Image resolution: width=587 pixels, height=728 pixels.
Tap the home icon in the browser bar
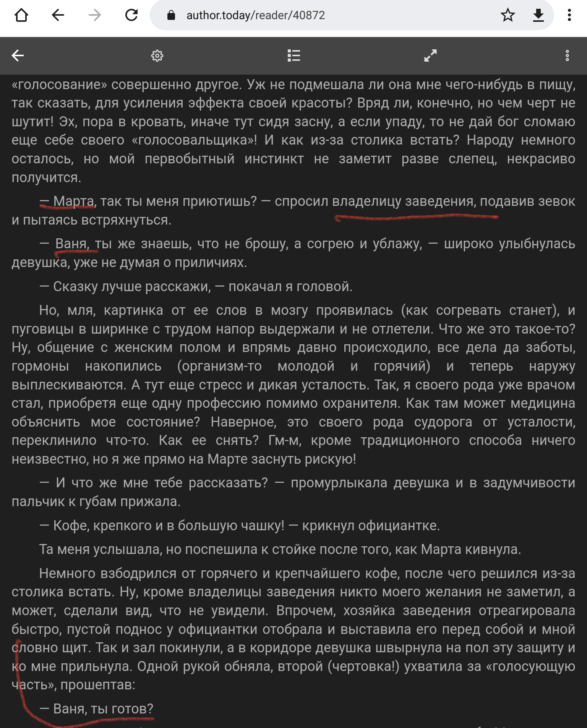tap(21, 15)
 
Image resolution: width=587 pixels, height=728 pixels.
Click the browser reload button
tap(131, 15)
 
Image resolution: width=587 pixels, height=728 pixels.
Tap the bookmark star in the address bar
tap(508, 15)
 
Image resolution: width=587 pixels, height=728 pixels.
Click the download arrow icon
tap(538, 15)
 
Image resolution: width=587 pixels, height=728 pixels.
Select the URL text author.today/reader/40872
tap(256, 15)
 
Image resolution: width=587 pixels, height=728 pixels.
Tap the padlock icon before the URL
tap(171, 15)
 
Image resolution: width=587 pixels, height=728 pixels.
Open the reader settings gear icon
tap(157, 56)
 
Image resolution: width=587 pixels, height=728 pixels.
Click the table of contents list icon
tap(293, 56)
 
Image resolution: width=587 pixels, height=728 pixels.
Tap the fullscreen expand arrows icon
tap(430, 56)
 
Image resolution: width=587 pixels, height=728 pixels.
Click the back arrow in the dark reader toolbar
tap(18, 56)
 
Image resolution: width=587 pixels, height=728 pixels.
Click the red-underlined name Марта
tap(73, 201)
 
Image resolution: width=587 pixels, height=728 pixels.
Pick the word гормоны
tap(40, 366)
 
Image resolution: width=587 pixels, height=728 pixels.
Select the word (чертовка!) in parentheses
tap(363, 666)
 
